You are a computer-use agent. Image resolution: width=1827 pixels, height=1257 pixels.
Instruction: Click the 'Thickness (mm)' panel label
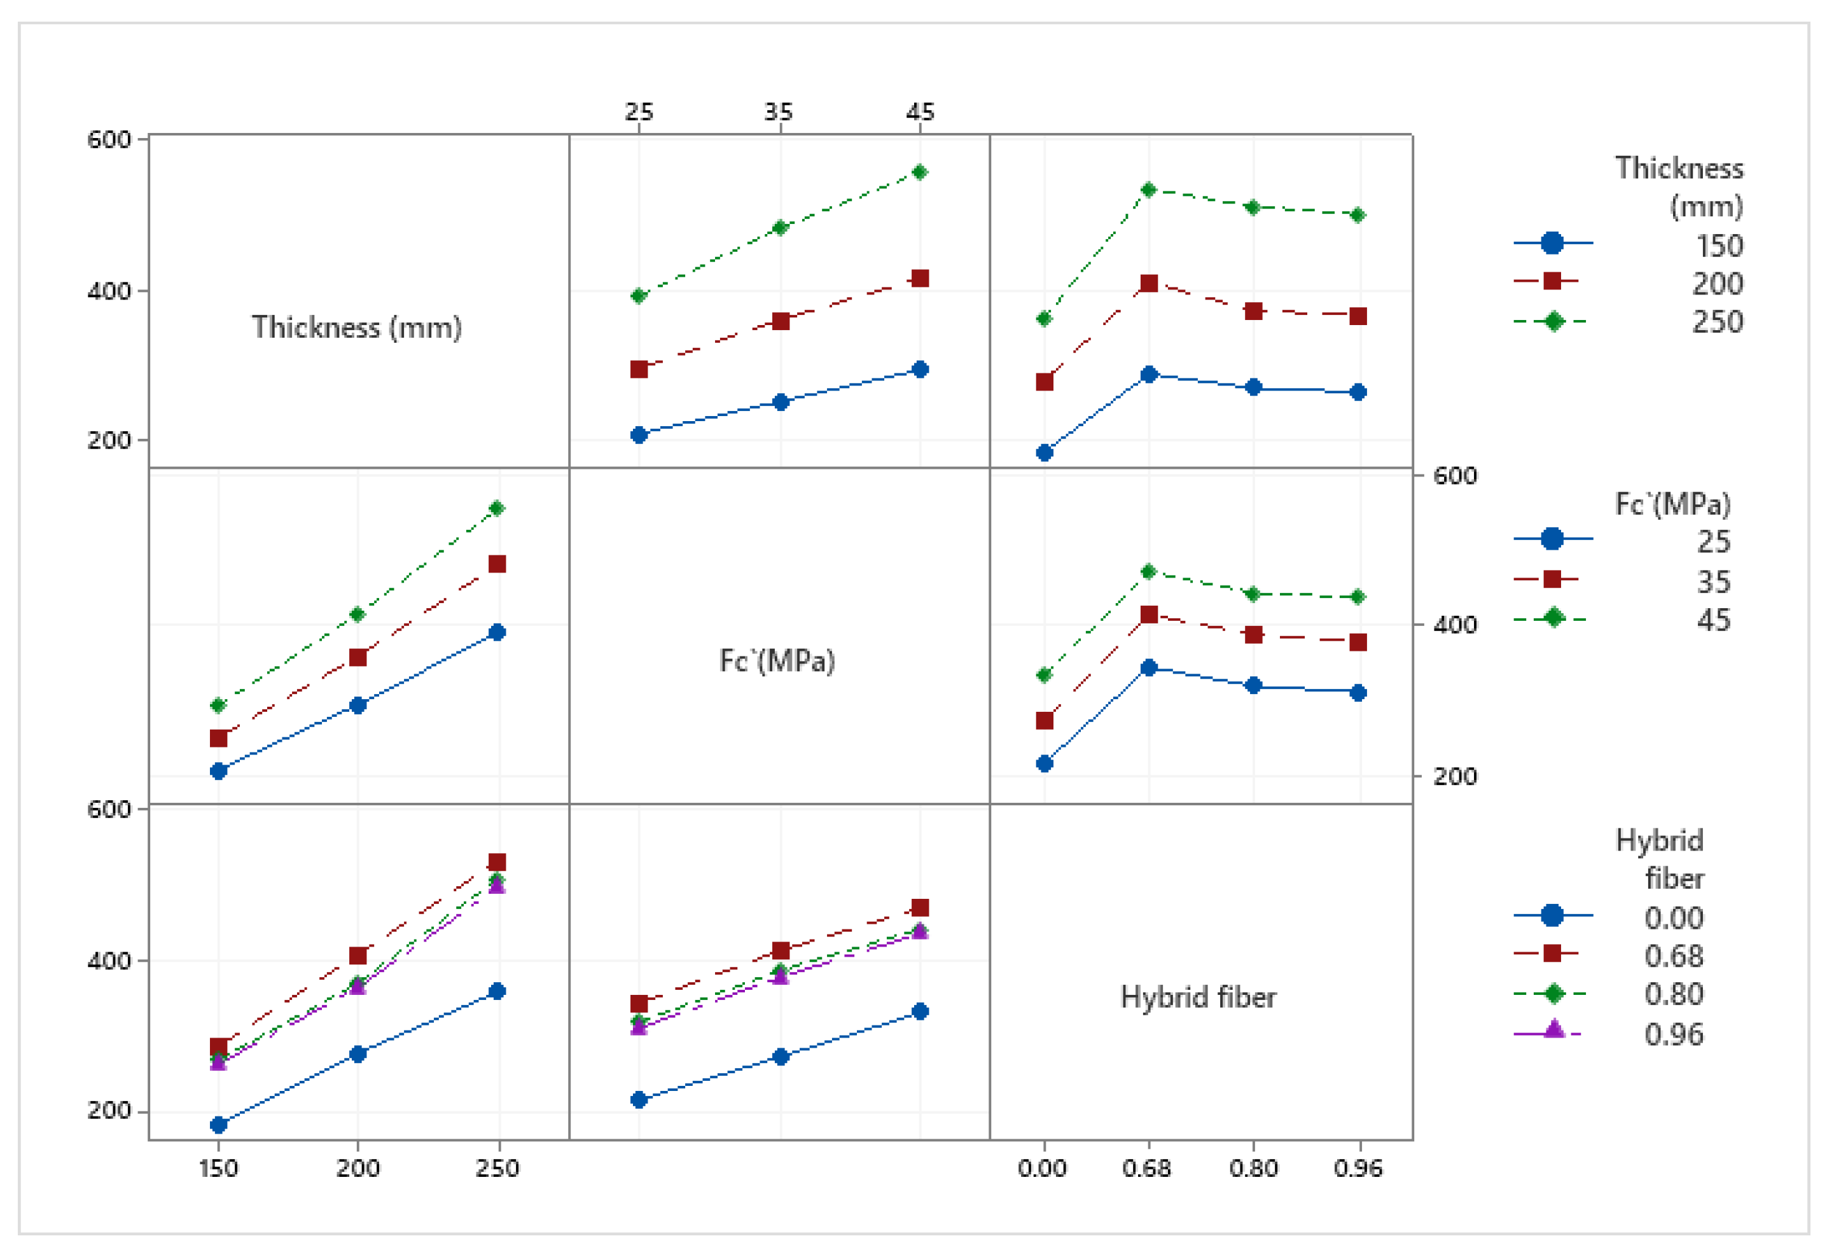click(x=357, y=328)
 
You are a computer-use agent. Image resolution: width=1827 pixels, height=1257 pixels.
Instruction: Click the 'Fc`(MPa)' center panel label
click(x=777, y=661)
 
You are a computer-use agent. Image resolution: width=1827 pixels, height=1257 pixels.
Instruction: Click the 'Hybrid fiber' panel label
click(x=1198, y=997)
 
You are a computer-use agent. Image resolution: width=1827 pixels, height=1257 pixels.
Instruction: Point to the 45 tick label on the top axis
click(x=920, y=112)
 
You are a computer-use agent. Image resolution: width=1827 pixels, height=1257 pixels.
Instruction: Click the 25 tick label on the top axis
click(x=639, y=112)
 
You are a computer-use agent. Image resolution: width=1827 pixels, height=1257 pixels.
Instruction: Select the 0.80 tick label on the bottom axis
click(x=1253, y=1167)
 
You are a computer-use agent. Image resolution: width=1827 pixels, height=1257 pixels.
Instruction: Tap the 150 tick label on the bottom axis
click(x=218, y=1167)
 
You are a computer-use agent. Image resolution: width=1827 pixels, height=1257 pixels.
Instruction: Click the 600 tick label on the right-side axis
click(x=1454, y=476)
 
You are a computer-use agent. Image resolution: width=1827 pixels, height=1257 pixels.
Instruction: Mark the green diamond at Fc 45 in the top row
click(x=920, y=172)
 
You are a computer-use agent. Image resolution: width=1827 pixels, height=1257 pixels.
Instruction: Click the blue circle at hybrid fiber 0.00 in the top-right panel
click(x=1044, y=453)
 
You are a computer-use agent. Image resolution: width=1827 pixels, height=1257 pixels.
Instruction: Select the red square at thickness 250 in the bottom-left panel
click(x=497, y=861)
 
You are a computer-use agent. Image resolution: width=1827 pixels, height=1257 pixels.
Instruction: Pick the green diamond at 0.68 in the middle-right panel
click(x=1148, y=572)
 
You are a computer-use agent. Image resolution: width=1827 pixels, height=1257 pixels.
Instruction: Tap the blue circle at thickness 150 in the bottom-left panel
click(x=219, y=1125)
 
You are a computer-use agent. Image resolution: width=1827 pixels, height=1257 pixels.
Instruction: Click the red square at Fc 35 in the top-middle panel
click(x=781, y=321)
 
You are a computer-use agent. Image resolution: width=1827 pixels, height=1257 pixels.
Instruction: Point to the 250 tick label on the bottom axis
click(x=497, y=1167)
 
